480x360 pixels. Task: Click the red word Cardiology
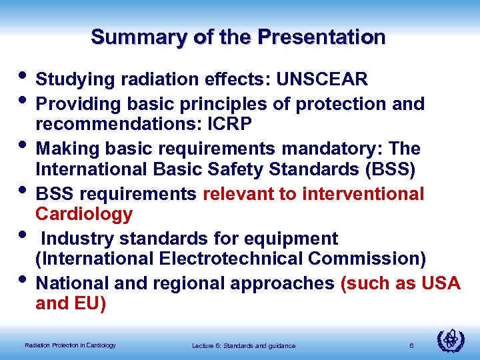84,215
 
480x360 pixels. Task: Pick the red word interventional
363,194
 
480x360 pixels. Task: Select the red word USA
441,283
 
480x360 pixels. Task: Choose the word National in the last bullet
73,283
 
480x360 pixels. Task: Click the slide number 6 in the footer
412,345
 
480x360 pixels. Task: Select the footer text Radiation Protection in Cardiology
70,345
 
